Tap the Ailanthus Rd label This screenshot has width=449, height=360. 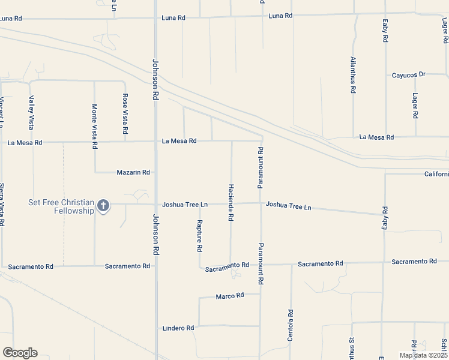(353, 75)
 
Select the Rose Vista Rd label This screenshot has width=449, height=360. (125, 113)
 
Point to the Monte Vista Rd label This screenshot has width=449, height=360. (94, 126)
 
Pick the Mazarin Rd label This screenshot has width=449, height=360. (133, 172)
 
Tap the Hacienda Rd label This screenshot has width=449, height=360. (231, 202)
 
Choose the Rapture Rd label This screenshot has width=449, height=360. (199, 235)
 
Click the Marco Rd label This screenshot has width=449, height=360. (230, 296)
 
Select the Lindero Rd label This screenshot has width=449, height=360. (178, 328)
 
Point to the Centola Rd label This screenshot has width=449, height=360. (290, 326)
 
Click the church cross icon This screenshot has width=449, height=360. (103, 206)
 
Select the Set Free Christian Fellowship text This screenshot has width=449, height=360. (61, 206)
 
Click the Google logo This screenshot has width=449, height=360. (20, 353)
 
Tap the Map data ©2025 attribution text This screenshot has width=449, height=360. (423, 355)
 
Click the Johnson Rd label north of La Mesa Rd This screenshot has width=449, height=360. (155, 79)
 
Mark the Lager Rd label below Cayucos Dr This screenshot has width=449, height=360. (415, 106)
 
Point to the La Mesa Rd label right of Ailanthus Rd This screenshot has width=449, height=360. (376, 137)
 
